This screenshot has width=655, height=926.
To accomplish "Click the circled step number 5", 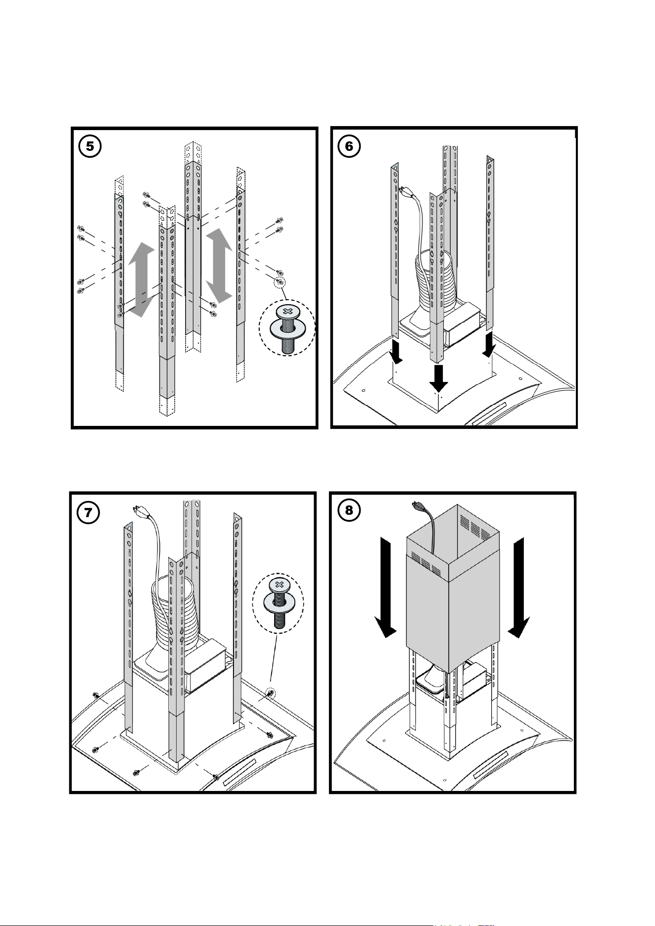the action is (x=90, y=146).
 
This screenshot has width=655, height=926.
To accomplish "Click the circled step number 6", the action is (x=349, y=146).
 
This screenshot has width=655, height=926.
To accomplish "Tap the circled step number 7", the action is (x=88, y=512).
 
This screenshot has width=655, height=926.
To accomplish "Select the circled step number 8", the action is (x=349, y=510).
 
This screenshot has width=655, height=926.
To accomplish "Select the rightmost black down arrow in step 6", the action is (x=490, y=344).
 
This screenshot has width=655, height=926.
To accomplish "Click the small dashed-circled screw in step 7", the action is (x=271, y=693).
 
